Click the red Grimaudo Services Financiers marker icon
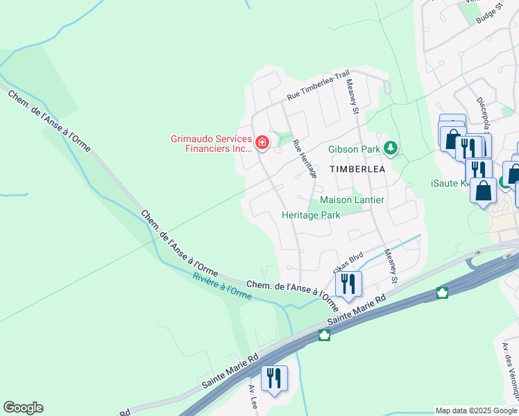pyautogui.click(x=262, y=144)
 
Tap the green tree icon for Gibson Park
pyautogui.click(x=391, y=148)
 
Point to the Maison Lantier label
pyautogui.click(x=352, y=200)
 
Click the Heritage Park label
pyautogui.click(x=311, y=215)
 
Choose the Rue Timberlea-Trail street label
pyautogui.click(x=318, y=88)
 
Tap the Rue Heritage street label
pyautogui.click(x=305, y=159)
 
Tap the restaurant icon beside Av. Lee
pyautogui.click(x=273, y=378)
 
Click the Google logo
pyautogui.click(x=23, y=408)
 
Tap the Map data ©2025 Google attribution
pyautogui.click(x=476, y=410)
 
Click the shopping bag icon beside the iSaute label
pyautogui.click(x=483, y=190)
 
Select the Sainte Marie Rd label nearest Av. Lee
pyautogui.click(x=230, y=372)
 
